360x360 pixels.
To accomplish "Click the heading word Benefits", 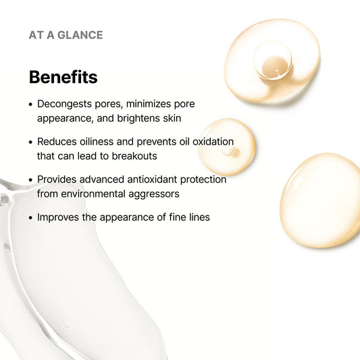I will [63, 77].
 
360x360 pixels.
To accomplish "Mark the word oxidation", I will [209, 142].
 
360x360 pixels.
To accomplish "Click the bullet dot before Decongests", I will [31, 105].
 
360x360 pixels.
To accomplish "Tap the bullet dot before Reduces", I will [31, 143].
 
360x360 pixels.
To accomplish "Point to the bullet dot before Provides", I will [31, 180].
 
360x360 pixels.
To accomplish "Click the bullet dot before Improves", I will [31, 218].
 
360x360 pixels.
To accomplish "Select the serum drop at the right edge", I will [322, 200].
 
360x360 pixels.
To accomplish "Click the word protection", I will [203, 180].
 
